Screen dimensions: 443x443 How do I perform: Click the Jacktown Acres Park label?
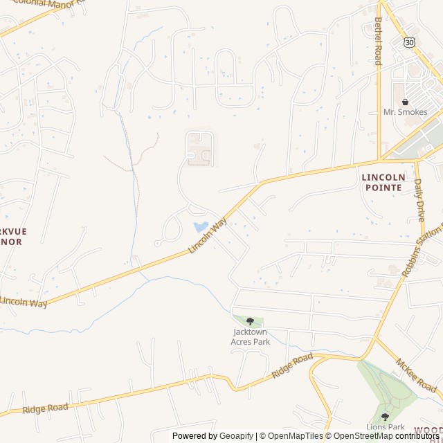point(250,336)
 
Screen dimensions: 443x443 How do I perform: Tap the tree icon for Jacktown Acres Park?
point(250,321)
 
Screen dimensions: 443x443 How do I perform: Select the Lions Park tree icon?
point(385,417)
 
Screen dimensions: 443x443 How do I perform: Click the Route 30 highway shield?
point(410,43)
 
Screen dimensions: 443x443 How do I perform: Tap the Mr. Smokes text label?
point(406,112)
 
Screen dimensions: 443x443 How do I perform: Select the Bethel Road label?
point(378,42)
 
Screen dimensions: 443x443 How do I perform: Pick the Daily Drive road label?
point(419,200)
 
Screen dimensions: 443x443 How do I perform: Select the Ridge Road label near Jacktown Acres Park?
point(292,365)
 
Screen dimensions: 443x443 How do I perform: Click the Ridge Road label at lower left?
point(45,408)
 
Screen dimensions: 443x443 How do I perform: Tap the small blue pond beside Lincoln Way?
point(201,226)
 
